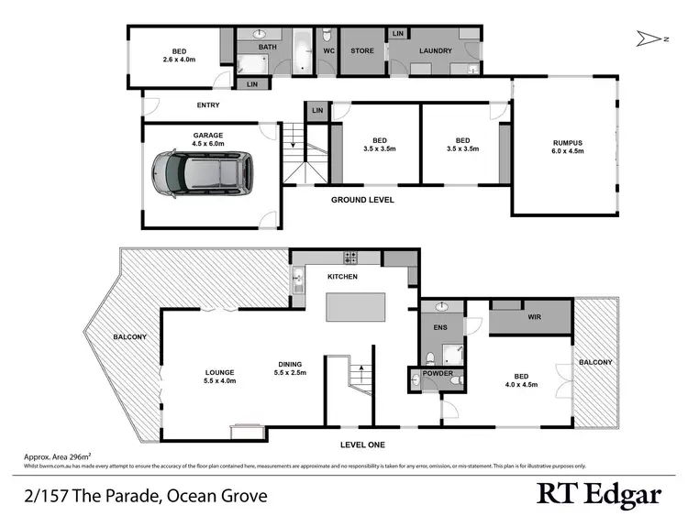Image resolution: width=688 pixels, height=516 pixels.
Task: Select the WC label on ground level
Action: (327, 51)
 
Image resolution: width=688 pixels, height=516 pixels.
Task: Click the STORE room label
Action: (361, 51)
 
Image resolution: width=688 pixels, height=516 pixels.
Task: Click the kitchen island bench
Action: (355, 307)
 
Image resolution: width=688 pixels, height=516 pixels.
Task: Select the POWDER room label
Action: (436, 373)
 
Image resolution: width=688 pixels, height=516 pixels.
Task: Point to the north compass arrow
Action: (652, 38)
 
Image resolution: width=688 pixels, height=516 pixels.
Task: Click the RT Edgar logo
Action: (597, 495)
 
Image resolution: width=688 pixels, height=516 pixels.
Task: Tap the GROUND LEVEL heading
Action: (362, 199)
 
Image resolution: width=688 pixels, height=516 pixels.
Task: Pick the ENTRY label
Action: (207, 105)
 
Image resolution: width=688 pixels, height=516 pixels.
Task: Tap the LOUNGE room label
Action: (220, 372)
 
